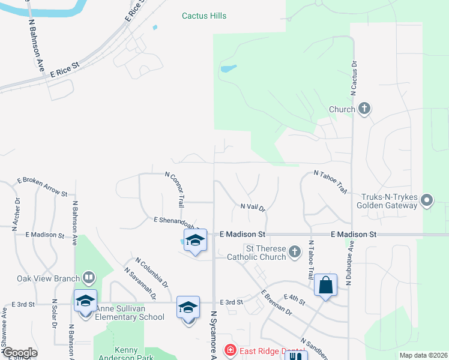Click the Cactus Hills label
[x=204, y=16]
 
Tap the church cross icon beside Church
[x=364, y=109]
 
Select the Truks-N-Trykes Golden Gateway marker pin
[x=427, y=199]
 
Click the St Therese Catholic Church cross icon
[x=294, y=251]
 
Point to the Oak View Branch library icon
[x=88, y=277]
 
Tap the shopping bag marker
[x=325, y=286]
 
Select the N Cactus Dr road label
[x=354, y=76]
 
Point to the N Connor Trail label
[x=175, y=186]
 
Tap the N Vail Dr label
[x=253, y=207]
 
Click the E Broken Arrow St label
[x=42, y=187]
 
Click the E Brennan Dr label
[x=276, y=304]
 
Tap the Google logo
[x=20, y=353]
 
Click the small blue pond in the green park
[x=228, y=68]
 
